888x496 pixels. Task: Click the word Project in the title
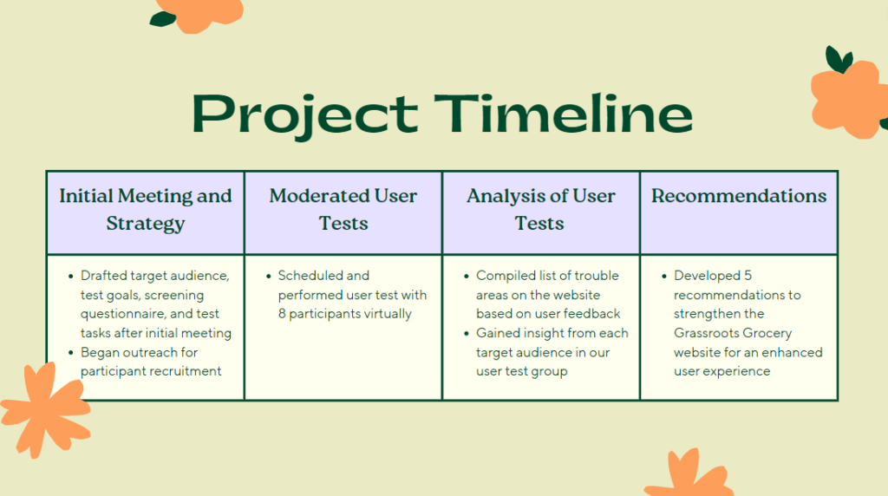[304, 115]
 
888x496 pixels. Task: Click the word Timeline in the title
[564, 114]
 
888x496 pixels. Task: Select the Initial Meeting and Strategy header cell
[146, 212]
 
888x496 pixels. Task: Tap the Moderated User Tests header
[343, 212]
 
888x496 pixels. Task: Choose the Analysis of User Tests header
[541, 212]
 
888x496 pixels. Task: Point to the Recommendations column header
[739, 212]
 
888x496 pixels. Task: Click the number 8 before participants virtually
[282, 314]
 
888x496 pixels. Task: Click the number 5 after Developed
[748, 276]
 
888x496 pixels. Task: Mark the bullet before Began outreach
[71, 352]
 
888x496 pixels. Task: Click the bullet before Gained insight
[466, 333]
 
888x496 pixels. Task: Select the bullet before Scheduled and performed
[269, 277]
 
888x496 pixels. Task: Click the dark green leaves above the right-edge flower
[839, 60]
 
